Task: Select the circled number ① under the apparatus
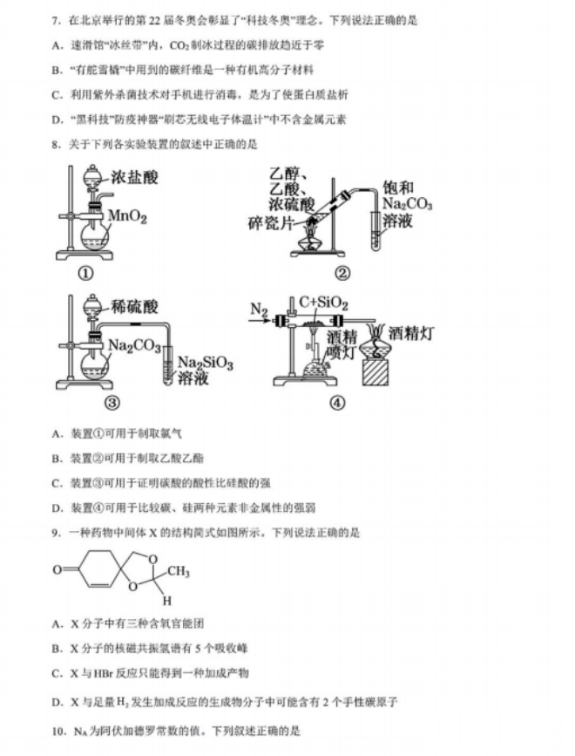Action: (x=86, y=274)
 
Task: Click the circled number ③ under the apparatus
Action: (x=86, y=403)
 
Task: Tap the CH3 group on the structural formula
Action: (x=178, y=572)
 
